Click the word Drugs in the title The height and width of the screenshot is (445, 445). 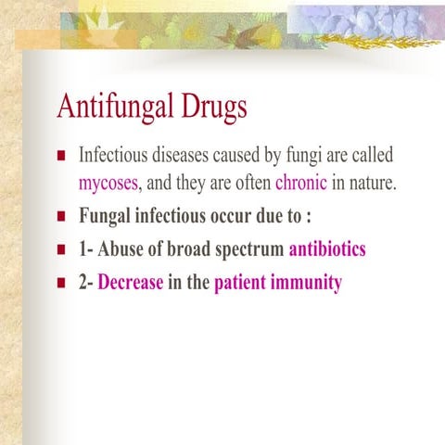pos(210,108)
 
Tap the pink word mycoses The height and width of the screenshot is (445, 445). pos(108,184)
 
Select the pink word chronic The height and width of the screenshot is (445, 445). pos(300,184)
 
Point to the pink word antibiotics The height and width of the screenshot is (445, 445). pos(327,249)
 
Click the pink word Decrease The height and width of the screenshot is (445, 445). pos(131,282)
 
